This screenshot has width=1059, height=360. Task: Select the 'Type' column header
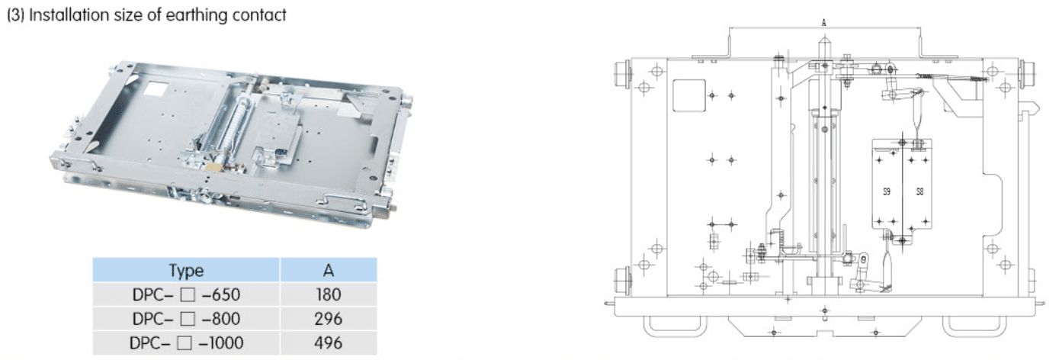click(x=186, y=270)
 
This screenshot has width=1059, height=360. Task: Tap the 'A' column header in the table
click(x=329, y=270)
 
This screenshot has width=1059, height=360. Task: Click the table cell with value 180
click(x=329, y=294)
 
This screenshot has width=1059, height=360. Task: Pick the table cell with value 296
click(x=329, y=319)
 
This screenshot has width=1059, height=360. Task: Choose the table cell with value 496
click(x=329, y=343)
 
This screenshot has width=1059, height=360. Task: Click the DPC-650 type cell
click(x=186, y=294)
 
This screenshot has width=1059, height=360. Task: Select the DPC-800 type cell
click(x=186, y=319)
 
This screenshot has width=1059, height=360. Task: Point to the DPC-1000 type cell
click(x=186, y=343)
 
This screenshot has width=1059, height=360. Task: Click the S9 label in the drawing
click(x=887, y=191)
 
